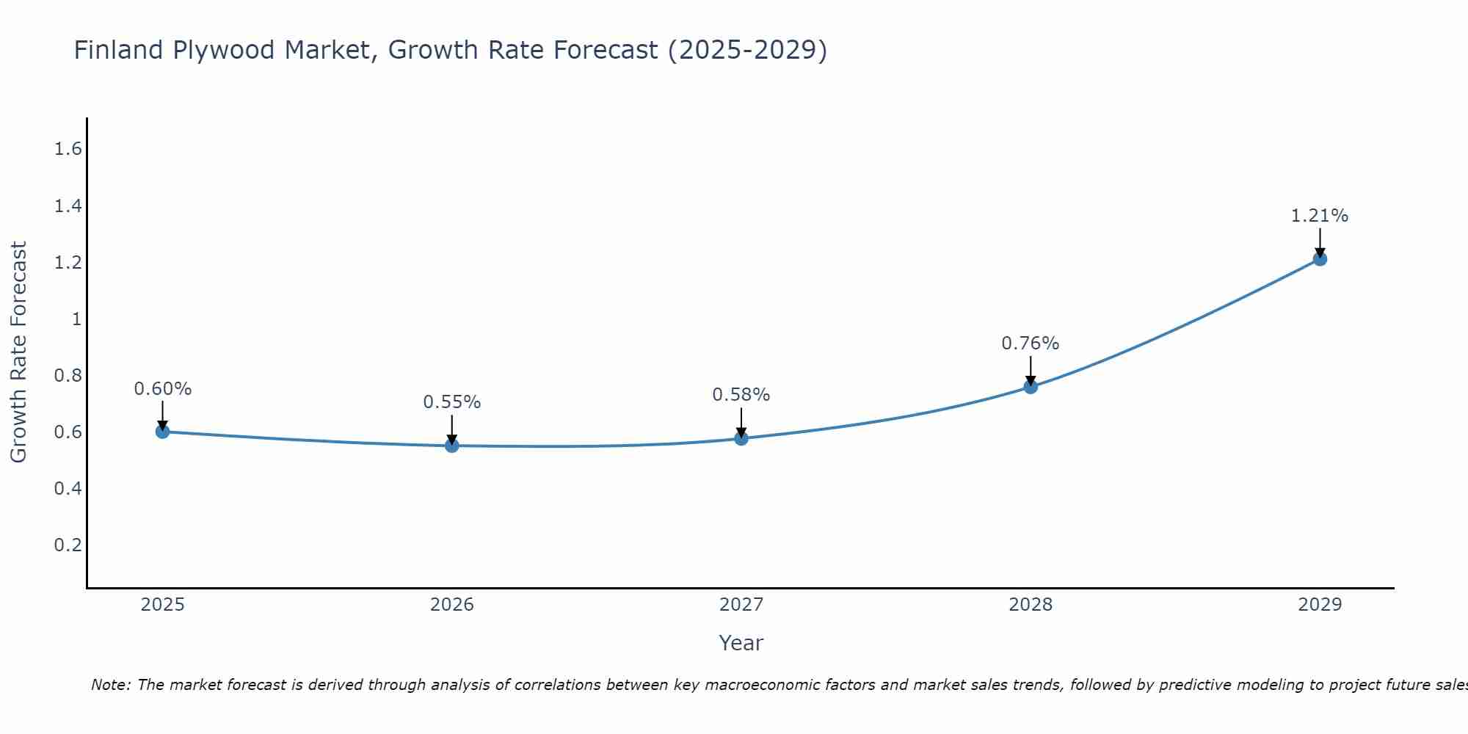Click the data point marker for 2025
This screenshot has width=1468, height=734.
pyautogui.click(x=163, y=432)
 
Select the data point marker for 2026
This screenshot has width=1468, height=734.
pyautogui.click(x=452, y=446)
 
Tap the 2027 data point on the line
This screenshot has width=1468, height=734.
pyautogui.click(x=741, y=438)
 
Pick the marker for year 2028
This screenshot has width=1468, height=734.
pyautogui.click(x=1031, y=387)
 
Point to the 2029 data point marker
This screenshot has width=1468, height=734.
pyautogui.click(x=1320, y=259)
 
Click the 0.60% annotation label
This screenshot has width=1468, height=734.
pyautogui.click(x=163, y=389)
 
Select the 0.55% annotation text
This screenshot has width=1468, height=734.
pyautogui.click(x=452, y=402)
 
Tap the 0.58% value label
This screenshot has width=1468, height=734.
pyautogui.click(x=741, y=395)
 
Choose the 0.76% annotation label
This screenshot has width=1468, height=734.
pyautogui.click(x=1031, y=344)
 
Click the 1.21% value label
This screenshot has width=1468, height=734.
pyautogui.click(x=1320, y=216)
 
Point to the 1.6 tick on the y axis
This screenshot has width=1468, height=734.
pyautogui.click(x=68, y=149)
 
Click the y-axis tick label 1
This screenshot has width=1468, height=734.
pyautogui.click(x=76, y=319)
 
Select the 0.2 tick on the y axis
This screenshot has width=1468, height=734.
pyautogui.click(x=68, y=545)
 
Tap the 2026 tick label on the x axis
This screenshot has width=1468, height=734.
pyautogui.click(x=452, y=605)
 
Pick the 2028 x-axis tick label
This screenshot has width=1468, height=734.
pyautogui.click(x=1031, y=605)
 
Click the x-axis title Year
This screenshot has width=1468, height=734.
pyautogui.click(x=741, y=643)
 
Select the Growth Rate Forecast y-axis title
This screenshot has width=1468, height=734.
pyautogui.click(x=18, y=352)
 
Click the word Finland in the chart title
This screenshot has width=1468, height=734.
pyautogui.click(x=118, y=50)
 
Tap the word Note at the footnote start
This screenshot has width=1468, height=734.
pyautogui.click(x=110, y=685)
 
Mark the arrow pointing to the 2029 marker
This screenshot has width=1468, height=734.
pyautogui.click(x=1320, y=242)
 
